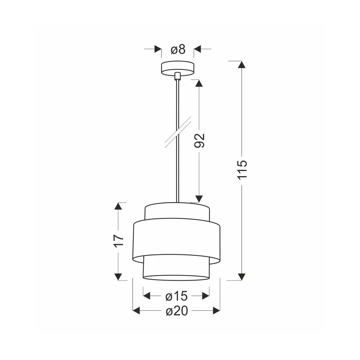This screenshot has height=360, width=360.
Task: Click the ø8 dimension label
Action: pos(178,49)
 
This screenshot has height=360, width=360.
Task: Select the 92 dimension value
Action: pos(199,140)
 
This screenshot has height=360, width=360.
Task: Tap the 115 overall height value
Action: pos(242,170)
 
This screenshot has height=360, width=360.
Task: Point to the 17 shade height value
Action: pos(119,241)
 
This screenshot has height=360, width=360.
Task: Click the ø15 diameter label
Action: pos(176,296)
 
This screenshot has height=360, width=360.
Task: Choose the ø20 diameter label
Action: pos(177,311)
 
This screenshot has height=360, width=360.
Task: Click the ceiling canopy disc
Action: pos(178,69)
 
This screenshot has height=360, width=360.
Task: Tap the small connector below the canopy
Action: pos(177,76)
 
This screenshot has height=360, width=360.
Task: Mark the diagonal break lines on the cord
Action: pos(178,132)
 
